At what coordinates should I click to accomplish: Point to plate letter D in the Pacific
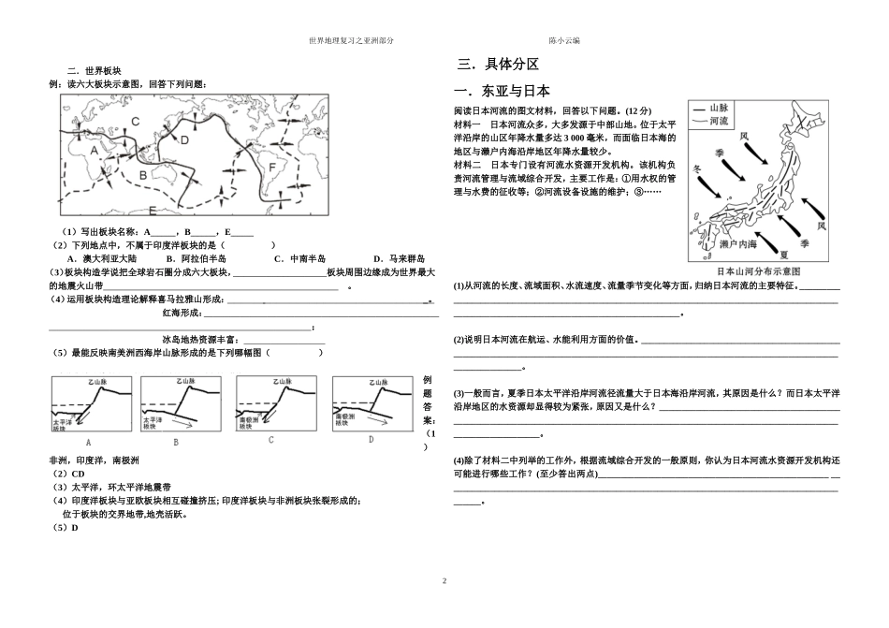tap(185, 139)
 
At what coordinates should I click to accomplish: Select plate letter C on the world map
tap(135, 121)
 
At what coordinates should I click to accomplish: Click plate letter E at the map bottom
tap(152, 209)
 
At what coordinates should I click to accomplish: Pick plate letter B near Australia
tap(142, 174)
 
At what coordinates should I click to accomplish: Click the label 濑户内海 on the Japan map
tap(738, 244)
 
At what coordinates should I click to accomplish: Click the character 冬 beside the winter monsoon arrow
tap(695, 169)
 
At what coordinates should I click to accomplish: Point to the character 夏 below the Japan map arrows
tap(783, 253)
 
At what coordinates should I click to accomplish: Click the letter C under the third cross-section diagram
tap(270, 439)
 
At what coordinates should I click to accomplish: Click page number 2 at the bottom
tap(444, 581)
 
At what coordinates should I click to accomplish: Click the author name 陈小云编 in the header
tap(564, 41)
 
